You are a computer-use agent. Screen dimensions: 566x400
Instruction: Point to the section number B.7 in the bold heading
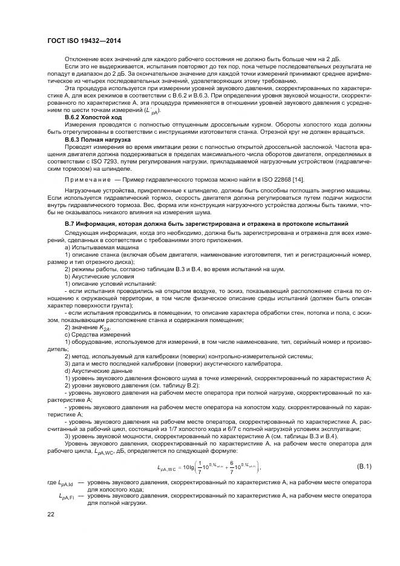70,224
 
